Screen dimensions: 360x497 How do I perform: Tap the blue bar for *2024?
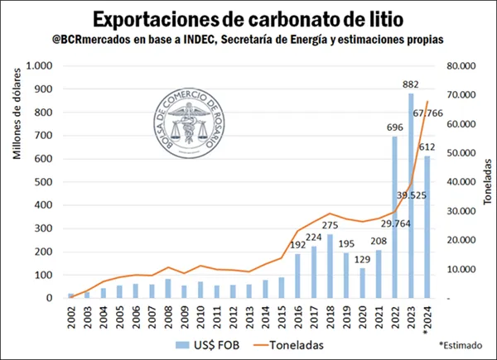pos(427,227)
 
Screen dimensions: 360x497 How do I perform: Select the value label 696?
pos(393,128)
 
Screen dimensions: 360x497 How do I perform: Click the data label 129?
pos(361,260)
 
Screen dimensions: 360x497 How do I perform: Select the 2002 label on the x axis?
pos(71,315)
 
